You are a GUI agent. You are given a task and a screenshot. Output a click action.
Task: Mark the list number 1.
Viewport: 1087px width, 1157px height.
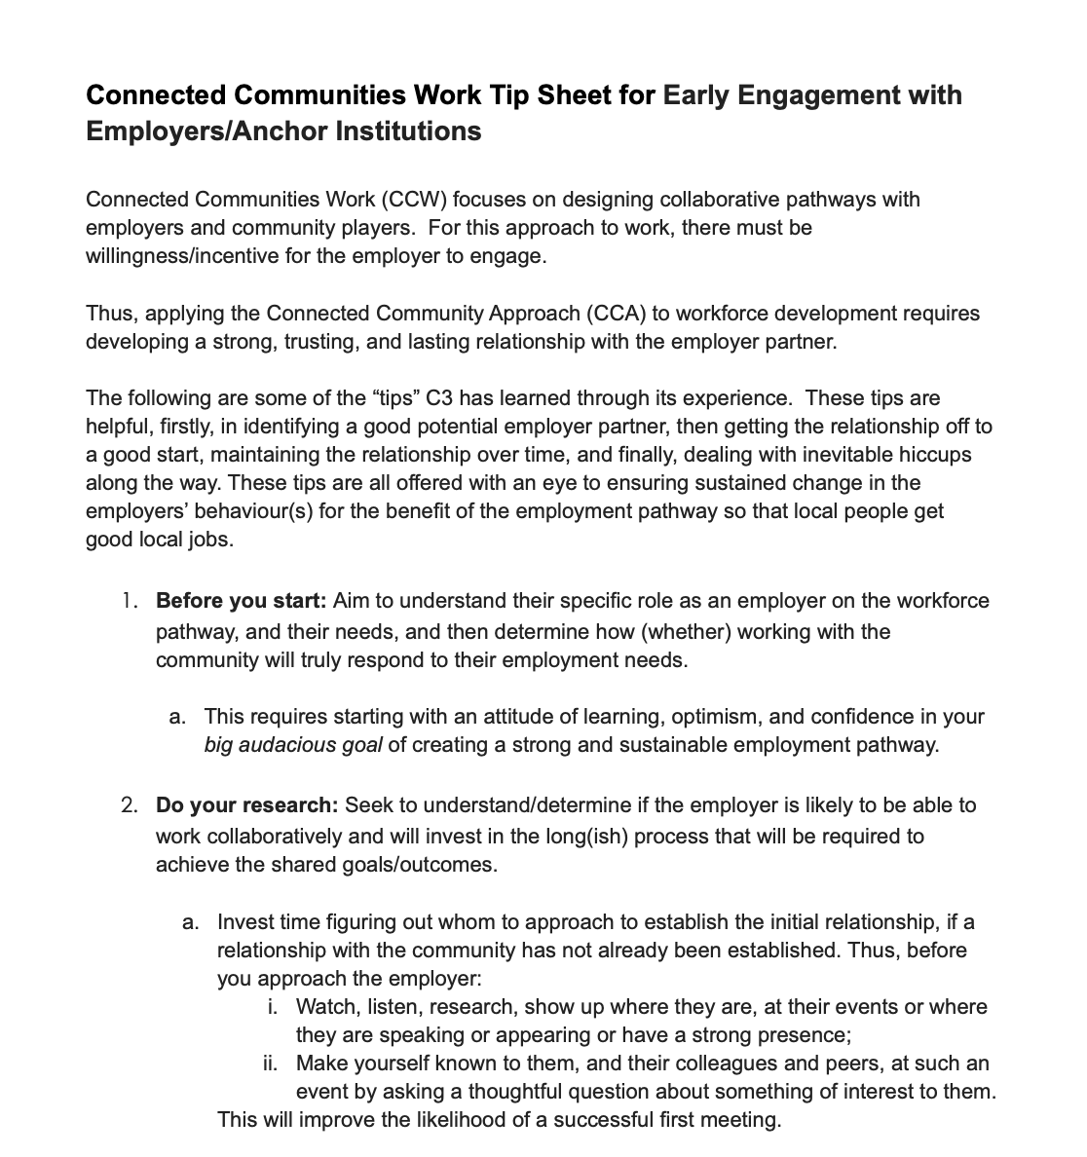(130, 601)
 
